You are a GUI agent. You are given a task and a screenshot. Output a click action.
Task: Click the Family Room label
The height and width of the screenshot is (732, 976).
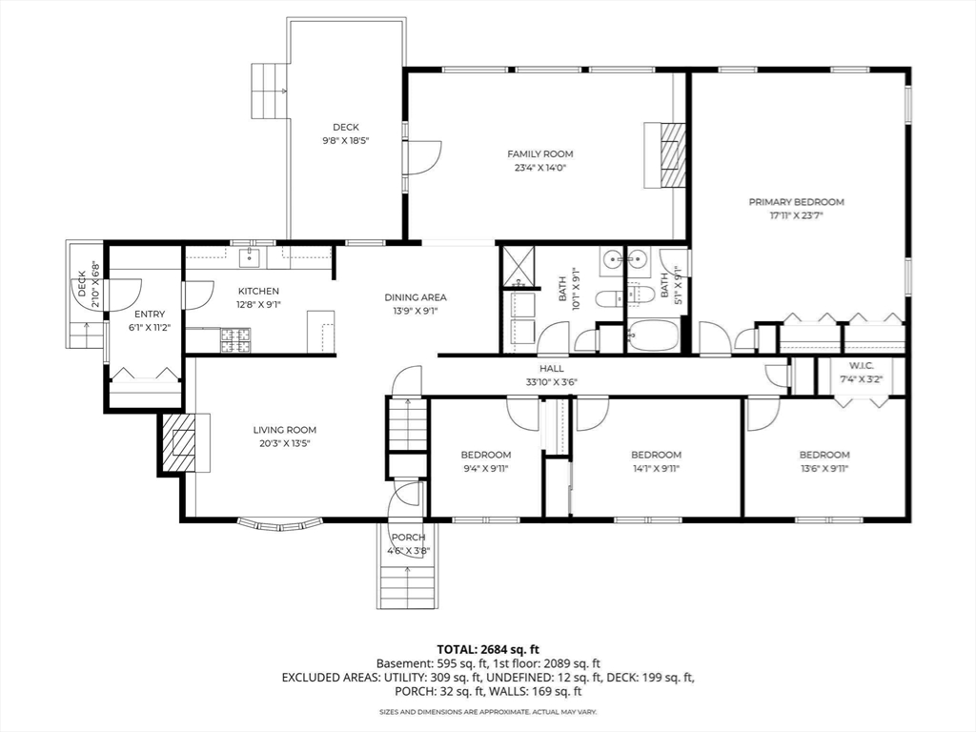(x=539, y=153)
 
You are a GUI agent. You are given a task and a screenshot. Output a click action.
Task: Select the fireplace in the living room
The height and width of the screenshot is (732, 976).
(x=177, y=443)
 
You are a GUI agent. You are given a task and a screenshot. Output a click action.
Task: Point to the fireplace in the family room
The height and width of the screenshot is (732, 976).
(x=673, y=155)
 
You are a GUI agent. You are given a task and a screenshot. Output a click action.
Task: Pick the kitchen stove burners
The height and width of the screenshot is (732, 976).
(x=234, y=339)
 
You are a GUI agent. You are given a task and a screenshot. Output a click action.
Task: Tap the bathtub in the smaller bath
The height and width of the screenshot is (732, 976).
(x=653, y=336)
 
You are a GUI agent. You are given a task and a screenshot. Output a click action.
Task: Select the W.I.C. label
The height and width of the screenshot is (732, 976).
(x=862, y=365)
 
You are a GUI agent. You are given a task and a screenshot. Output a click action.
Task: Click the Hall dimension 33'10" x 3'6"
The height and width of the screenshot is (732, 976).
(x=552, y=381)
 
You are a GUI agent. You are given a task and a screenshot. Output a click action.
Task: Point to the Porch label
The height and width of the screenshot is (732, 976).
(x=408, y=538)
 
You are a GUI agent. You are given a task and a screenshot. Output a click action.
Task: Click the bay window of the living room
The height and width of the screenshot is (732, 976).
(x=280, y=525)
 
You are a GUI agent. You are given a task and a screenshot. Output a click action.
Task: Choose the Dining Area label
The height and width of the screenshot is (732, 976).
(x=416, y=297)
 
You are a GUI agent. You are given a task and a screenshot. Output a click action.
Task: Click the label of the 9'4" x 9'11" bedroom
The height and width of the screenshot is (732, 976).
(x=485, y=455)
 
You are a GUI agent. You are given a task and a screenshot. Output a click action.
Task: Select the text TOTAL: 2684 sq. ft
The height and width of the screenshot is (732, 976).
(x=487, y=650)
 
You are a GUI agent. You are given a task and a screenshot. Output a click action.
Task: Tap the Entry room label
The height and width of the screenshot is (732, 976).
(x=150, y=315)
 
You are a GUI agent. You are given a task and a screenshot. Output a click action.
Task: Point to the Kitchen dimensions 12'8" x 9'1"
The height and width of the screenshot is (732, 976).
(x=258, y=305)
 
